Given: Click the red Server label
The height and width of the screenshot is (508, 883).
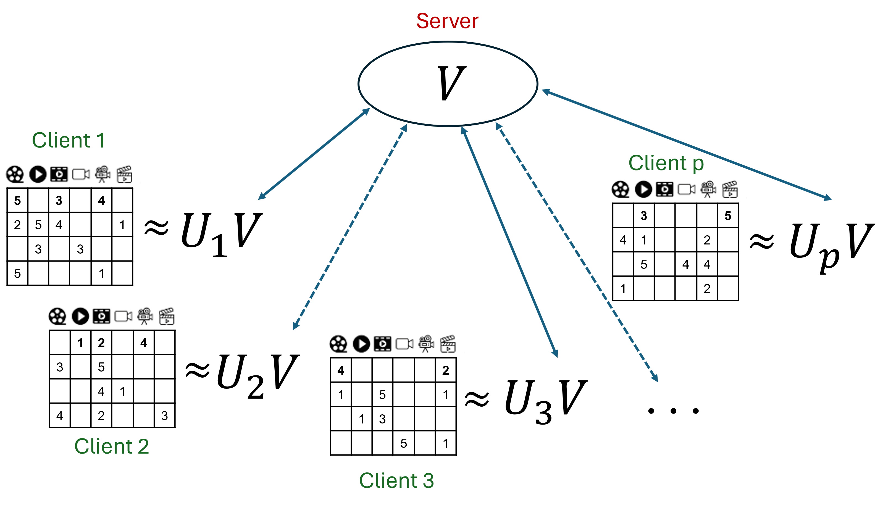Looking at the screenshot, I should coord(447,21).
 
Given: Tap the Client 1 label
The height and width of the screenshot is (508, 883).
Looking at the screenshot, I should coord(68,140).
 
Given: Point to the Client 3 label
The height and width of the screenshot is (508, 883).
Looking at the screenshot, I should coord(396,480).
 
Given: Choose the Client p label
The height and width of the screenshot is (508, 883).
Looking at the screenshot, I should coord(666,163).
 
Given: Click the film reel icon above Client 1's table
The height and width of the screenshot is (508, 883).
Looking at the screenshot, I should coord(15,174).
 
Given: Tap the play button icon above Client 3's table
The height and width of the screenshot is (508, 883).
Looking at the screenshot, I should coord(361,344).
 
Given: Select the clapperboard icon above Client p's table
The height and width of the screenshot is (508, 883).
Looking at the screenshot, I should coord(730,189).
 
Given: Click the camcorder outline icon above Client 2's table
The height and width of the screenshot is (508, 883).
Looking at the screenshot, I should coord(123,316).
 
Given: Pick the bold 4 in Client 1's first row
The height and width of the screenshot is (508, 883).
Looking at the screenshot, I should coord(101,201).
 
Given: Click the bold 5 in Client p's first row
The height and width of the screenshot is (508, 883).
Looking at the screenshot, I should coord(728,216).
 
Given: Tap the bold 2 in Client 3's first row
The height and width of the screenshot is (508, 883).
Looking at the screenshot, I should coord(446,370).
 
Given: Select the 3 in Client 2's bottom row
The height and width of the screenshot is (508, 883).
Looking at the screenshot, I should coord(164,415).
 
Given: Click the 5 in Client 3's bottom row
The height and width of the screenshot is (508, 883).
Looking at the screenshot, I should coord(404,443).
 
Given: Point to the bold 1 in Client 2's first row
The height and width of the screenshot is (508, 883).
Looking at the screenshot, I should coord(80,343).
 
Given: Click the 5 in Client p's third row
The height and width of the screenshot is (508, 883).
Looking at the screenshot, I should coord(644,264).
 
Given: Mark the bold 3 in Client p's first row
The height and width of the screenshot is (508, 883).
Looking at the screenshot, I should coord(644,216).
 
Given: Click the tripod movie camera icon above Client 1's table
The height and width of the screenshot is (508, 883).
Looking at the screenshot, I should coord(103,174).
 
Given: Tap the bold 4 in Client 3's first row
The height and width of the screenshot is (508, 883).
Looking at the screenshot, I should coord(341,370).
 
